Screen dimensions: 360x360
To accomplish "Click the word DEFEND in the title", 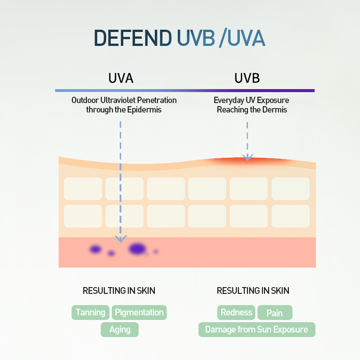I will click(x=132, y=39).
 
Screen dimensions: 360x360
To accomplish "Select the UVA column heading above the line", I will click(x=121, y=78).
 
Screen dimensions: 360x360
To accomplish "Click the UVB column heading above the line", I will click(x=247, y=78).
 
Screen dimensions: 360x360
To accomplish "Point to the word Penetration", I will click(x=155, y=100).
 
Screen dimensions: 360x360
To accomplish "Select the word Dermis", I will click(x=275, y=109).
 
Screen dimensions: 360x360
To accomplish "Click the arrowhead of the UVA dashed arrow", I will click(x=120, y=238).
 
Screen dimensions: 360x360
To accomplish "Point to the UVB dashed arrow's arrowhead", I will click(x=247, y=157).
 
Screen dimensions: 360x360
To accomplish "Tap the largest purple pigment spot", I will click(x=137, y=248).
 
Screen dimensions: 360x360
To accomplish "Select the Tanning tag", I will click(x=90, y=312).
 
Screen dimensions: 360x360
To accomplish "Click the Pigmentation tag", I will click(x=139, y=312).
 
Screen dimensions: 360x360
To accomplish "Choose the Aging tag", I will click(x=120, y=329).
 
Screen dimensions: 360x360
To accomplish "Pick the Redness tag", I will click(x=237, y=312).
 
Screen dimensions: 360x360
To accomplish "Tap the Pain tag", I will click(x=274, y=313).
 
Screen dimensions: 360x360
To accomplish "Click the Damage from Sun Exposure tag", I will click(x=256, y=329).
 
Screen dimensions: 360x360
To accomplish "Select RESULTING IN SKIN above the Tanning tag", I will click(x=119, y=291).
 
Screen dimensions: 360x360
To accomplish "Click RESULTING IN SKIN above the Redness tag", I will click(x=253, y=291).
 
